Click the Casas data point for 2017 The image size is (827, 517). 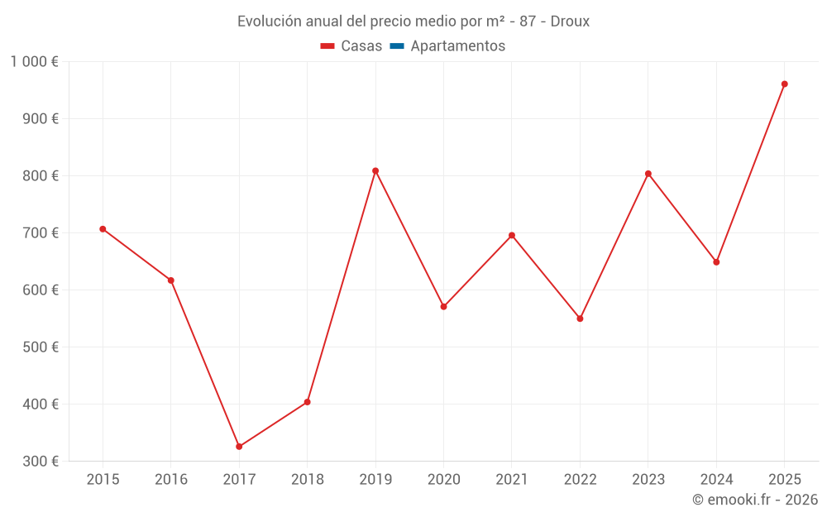pos(239,447)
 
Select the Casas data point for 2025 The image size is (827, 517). pos(784,84)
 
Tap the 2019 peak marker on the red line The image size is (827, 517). pos(375,171)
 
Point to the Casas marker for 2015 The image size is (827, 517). pos(103,229)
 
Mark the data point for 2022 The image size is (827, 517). pos(580,318)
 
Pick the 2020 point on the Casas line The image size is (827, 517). pos(443,307)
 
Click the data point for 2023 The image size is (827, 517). pos(648,174)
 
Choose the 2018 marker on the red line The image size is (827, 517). pos(307,402)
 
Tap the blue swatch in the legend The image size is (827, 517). pos(396,46)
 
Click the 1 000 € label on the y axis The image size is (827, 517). pos(35,61)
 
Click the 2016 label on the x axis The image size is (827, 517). pos(171,480)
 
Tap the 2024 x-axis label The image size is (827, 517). pos(716,480)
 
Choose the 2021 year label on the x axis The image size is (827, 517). pos(512,480)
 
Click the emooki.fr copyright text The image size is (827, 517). pos(754,500)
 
